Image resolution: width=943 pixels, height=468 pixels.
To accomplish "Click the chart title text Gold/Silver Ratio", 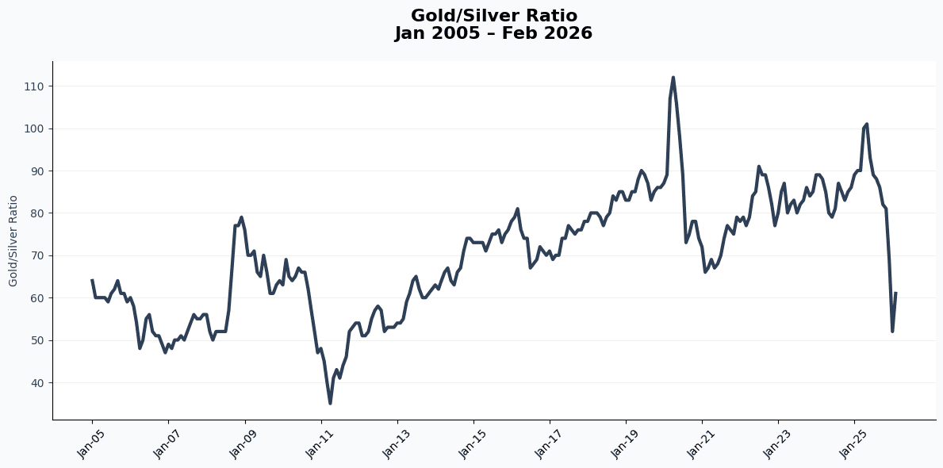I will tap(493, 16).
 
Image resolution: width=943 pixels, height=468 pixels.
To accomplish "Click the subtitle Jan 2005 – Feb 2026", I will tap(493, 33).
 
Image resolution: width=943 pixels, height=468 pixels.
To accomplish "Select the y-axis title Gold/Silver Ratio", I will tap(13, 240).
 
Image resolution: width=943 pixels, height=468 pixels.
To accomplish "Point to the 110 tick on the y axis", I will tap(35, 86).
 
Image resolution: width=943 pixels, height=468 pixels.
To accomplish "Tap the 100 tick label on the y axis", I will tap(35, 129).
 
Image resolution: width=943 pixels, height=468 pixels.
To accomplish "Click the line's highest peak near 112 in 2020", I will tap(673, 78).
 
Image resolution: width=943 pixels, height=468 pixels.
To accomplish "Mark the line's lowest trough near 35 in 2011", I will tap(330, 403).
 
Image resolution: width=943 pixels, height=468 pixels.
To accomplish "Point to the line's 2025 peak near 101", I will tap(867, 124).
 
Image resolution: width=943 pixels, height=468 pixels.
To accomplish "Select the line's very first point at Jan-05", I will tap(92, 280).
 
